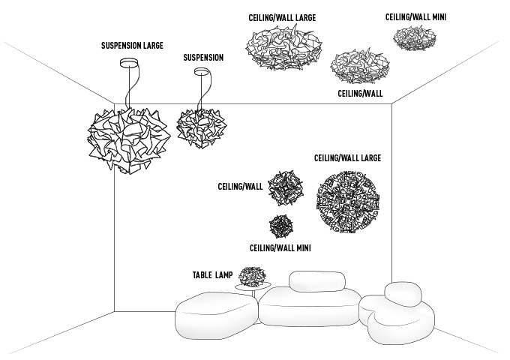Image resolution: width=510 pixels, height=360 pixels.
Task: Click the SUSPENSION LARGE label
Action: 132,45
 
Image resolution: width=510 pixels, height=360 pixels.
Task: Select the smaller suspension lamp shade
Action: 201,125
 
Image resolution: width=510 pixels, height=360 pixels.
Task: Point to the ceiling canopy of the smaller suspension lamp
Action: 201,73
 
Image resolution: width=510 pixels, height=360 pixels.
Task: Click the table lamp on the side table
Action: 253,277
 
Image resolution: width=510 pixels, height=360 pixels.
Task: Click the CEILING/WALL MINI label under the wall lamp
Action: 280,247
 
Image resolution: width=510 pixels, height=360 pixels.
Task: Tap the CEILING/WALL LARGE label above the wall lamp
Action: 348,158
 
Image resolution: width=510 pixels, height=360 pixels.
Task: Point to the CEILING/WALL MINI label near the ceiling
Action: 416,16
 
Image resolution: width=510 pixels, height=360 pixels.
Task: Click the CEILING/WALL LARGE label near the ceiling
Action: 282,16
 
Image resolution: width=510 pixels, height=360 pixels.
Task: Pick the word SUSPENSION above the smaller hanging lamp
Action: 203,57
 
